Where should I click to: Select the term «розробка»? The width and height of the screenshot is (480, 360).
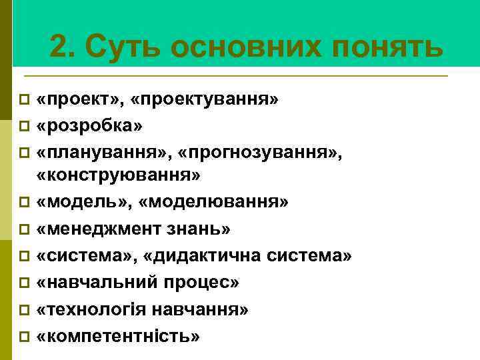pos(91,124)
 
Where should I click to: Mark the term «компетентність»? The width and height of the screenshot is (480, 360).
pos(119,336)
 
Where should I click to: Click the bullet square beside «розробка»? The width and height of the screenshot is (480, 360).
pos(24,125)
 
